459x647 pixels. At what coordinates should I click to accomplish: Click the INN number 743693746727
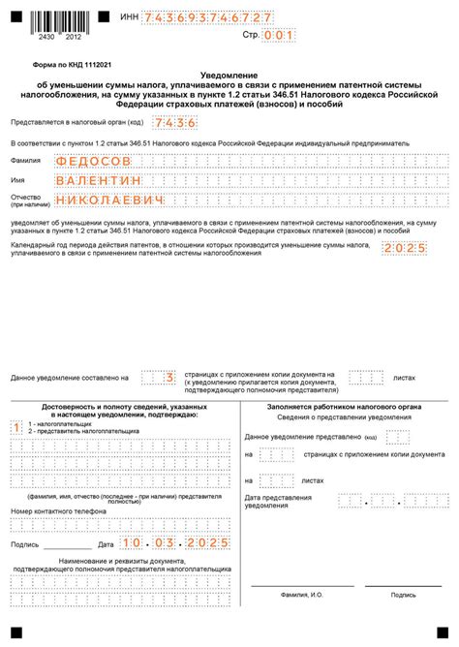pos(207,18)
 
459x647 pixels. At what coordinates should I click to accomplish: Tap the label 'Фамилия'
pos(25,161)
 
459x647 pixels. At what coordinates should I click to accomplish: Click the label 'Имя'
pos(17,181)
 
